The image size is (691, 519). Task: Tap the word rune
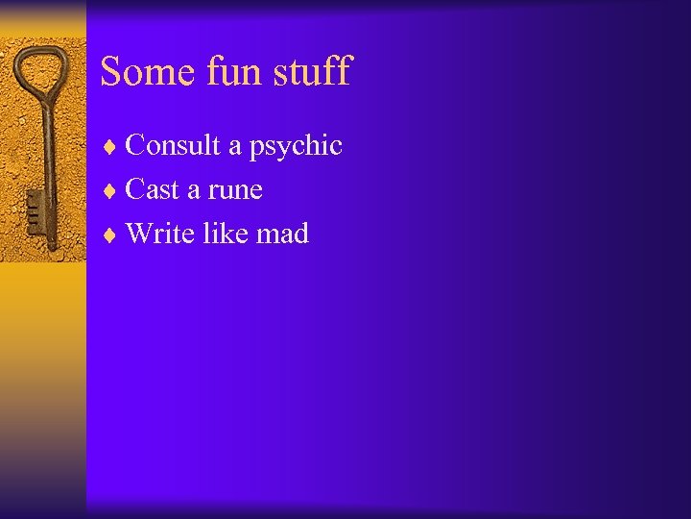(235, 190)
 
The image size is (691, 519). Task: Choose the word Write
(159, 233)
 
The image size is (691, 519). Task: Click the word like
(223, 233)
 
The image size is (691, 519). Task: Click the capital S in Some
(112, 71)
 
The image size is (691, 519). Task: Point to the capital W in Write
(138, 233)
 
